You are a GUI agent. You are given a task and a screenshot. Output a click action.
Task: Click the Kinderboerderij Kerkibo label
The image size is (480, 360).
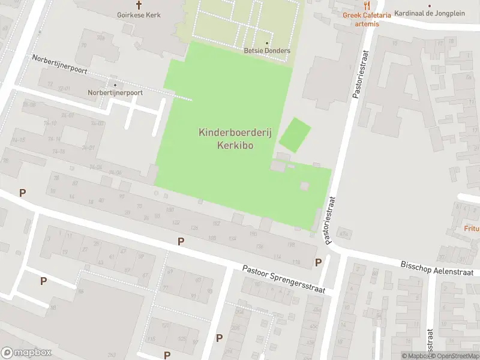click(x=235, y=139)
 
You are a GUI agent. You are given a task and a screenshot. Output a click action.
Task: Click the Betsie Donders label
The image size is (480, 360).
click(x=267, y=50)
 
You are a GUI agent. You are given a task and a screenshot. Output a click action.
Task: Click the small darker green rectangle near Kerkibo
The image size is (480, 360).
click(x=296, y=135)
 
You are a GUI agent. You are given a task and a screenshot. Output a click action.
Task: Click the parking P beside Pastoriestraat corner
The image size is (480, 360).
click(x=318, y=262)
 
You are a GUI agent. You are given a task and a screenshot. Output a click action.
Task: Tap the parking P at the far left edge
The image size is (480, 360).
click(x=23, y=193)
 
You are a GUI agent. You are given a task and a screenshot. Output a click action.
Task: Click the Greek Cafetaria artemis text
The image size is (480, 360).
click(x=367, y=19)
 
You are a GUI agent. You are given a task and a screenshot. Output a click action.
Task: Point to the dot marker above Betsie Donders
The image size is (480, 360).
click(x=267, y=43)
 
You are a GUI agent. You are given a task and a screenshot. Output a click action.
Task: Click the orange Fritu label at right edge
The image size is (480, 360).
click(x=472, y=229)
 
